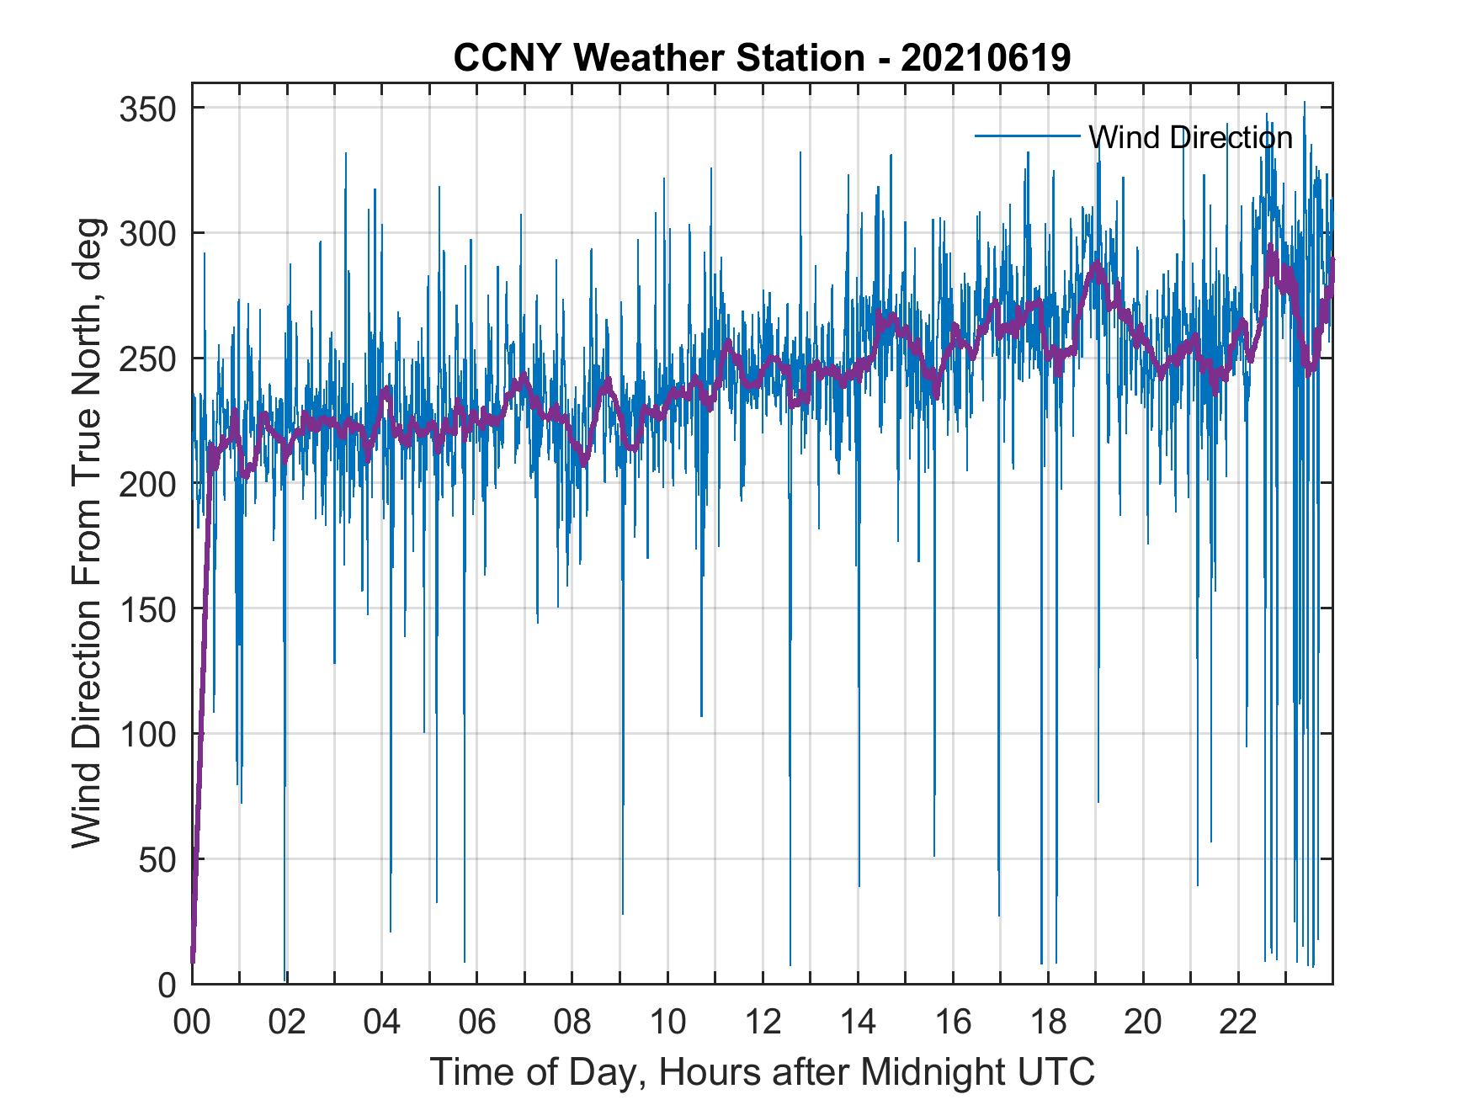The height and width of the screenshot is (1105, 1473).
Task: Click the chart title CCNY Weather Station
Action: click(x=658, y=58)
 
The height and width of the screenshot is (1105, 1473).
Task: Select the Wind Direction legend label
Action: click(x=1190, y=137)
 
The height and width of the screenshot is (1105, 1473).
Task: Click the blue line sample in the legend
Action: click(x=1027, y=135)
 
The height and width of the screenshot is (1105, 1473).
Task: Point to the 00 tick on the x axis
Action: click(x=192, y=1023)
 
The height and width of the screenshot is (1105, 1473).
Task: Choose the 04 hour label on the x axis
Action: click(x=382, y=1023)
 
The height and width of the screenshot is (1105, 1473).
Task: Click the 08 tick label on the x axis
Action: click(x=572, y=1023)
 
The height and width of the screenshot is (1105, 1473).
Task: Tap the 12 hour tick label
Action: click(x=763, y=1023)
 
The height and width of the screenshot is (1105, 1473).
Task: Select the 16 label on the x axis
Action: click(x=953, y=1023)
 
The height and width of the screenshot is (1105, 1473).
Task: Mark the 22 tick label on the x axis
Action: click(x=1238, y=1023)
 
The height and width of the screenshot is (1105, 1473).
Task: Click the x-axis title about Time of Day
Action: click(x=763, y=1071)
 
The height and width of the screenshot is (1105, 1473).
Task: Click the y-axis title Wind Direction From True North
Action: click(x=87, y=534)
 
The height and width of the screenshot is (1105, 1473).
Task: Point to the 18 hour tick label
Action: click(x=1048, y=1023)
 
